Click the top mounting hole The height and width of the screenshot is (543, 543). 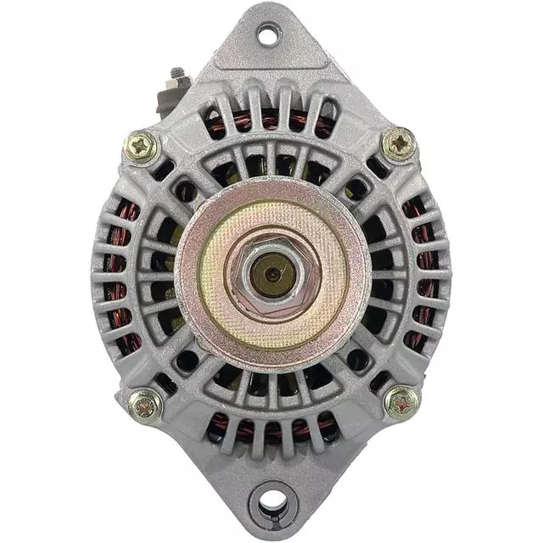[268, 35]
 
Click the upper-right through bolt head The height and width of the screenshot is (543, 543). [398, 145]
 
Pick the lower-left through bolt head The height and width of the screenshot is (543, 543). [145, 405]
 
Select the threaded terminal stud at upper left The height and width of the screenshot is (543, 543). [179, 76]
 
